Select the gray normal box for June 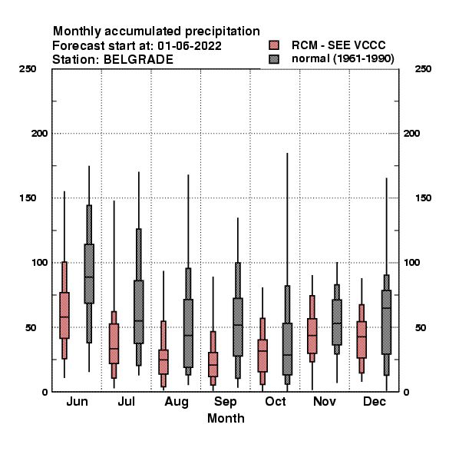click(89, 274)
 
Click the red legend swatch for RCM click(274, 45)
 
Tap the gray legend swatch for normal click(274, 59)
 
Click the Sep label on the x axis click(225, 402)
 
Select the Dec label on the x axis click(375, 401)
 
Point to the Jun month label click(77, 401)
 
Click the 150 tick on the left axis click(28, 198)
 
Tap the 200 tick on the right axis click(411, 134)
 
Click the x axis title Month click(226, 419)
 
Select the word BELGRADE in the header click(138, 60)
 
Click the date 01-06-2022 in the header click(190, 46)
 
